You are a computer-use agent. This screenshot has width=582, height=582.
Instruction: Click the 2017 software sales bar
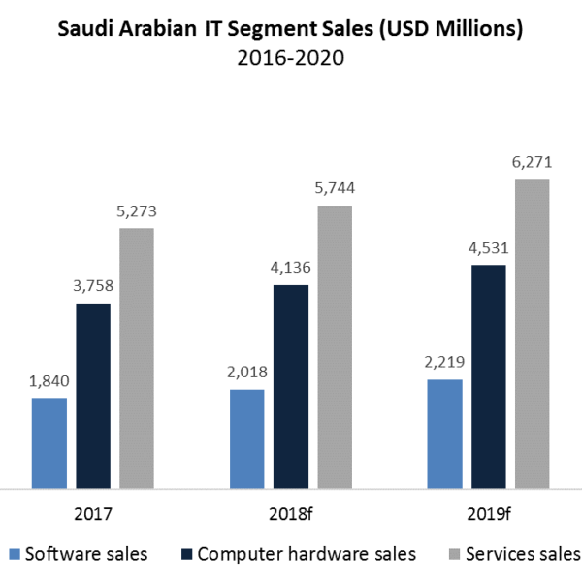49,441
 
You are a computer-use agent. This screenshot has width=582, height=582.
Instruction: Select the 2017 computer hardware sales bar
93,395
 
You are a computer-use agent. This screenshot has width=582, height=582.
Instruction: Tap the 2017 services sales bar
136,357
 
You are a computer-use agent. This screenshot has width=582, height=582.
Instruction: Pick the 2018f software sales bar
246,437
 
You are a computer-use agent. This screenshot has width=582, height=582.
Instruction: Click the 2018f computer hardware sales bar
291,385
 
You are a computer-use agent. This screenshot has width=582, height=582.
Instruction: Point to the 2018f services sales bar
335,345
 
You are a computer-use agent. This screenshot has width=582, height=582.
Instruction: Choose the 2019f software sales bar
444,433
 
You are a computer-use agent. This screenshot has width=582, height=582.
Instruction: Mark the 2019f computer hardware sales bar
489,375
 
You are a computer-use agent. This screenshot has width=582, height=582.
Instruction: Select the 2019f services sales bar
533,333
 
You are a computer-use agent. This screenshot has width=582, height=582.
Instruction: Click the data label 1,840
49,381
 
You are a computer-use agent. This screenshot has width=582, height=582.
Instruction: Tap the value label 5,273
137,211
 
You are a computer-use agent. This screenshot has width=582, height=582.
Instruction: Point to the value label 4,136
291,268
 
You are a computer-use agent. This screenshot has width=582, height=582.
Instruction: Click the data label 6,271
533,163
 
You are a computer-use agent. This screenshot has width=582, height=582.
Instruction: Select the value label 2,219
444,363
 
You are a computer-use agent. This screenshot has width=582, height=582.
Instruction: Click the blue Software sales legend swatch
13,555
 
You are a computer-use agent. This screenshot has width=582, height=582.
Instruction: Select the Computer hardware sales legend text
307,555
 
